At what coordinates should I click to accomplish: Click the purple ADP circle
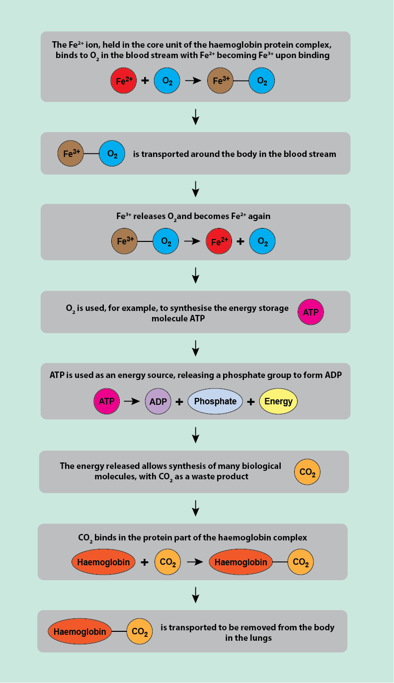tap(158, 401)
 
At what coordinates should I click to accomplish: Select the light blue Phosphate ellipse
tap(215, 401)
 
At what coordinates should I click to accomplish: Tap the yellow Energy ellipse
tap(278, 401)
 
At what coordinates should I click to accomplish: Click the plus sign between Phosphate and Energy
tap(251, 401)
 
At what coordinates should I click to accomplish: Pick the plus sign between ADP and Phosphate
tap(179, 401)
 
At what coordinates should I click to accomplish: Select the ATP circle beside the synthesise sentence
tap(311, 312)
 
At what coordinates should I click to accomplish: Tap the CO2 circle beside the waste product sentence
tap(307, 472)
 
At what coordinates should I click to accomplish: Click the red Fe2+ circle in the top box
tap(123, 81)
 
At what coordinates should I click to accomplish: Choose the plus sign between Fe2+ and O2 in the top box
tap(145, 81)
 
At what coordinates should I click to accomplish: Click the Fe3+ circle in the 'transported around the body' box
tap(71, 154)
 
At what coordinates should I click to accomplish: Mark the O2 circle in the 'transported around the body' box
tap(112, 154)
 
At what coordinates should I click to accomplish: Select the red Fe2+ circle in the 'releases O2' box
tap(219, 242)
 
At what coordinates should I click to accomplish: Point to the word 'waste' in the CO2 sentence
tap(199, 476)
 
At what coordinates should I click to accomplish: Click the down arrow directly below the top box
tap(196, 116)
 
